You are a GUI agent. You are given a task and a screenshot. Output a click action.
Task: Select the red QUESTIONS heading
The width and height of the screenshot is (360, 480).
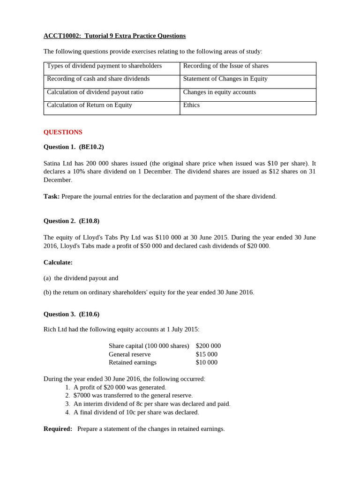(63, 132)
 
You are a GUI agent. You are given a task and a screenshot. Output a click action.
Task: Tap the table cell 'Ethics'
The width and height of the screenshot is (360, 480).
(191, 105)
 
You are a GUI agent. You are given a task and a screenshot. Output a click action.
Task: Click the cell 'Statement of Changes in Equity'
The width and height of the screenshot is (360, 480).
(225, 79)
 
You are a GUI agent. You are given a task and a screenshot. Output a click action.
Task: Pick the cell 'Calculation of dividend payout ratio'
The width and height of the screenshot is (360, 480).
(95, 92)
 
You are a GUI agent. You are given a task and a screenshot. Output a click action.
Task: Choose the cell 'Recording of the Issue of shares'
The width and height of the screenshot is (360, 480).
(225, 66)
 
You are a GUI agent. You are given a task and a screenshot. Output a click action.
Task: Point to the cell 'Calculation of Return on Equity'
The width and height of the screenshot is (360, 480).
(90, 105)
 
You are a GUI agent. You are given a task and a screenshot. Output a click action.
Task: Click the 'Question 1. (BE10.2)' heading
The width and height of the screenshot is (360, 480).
(74, 147)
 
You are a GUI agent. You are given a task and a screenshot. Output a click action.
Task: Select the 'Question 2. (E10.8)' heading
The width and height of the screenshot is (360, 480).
(71, 221)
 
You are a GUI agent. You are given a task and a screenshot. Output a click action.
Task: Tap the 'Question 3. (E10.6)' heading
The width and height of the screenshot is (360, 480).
(71, 314)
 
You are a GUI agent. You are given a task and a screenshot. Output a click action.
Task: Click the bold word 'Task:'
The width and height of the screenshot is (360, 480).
(52, 196)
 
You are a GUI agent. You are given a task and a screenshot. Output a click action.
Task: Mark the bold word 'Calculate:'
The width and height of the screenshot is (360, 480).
(58, 262)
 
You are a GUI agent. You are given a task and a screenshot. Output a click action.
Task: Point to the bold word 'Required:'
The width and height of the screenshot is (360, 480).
(58, 429)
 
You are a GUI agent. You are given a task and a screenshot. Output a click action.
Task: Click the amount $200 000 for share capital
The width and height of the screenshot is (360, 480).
(208, 346)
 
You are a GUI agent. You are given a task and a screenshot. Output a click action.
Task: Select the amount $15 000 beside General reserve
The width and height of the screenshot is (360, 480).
(206, 354)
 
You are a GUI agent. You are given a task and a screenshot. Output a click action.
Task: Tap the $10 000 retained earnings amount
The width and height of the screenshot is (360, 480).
(206, 362)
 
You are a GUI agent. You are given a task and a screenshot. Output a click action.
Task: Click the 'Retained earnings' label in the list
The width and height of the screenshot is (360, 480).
(133, 362)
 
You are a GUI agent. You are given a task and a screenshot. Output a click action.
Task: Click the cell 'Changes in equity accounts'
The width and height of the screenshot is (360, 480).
(219, 92)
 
